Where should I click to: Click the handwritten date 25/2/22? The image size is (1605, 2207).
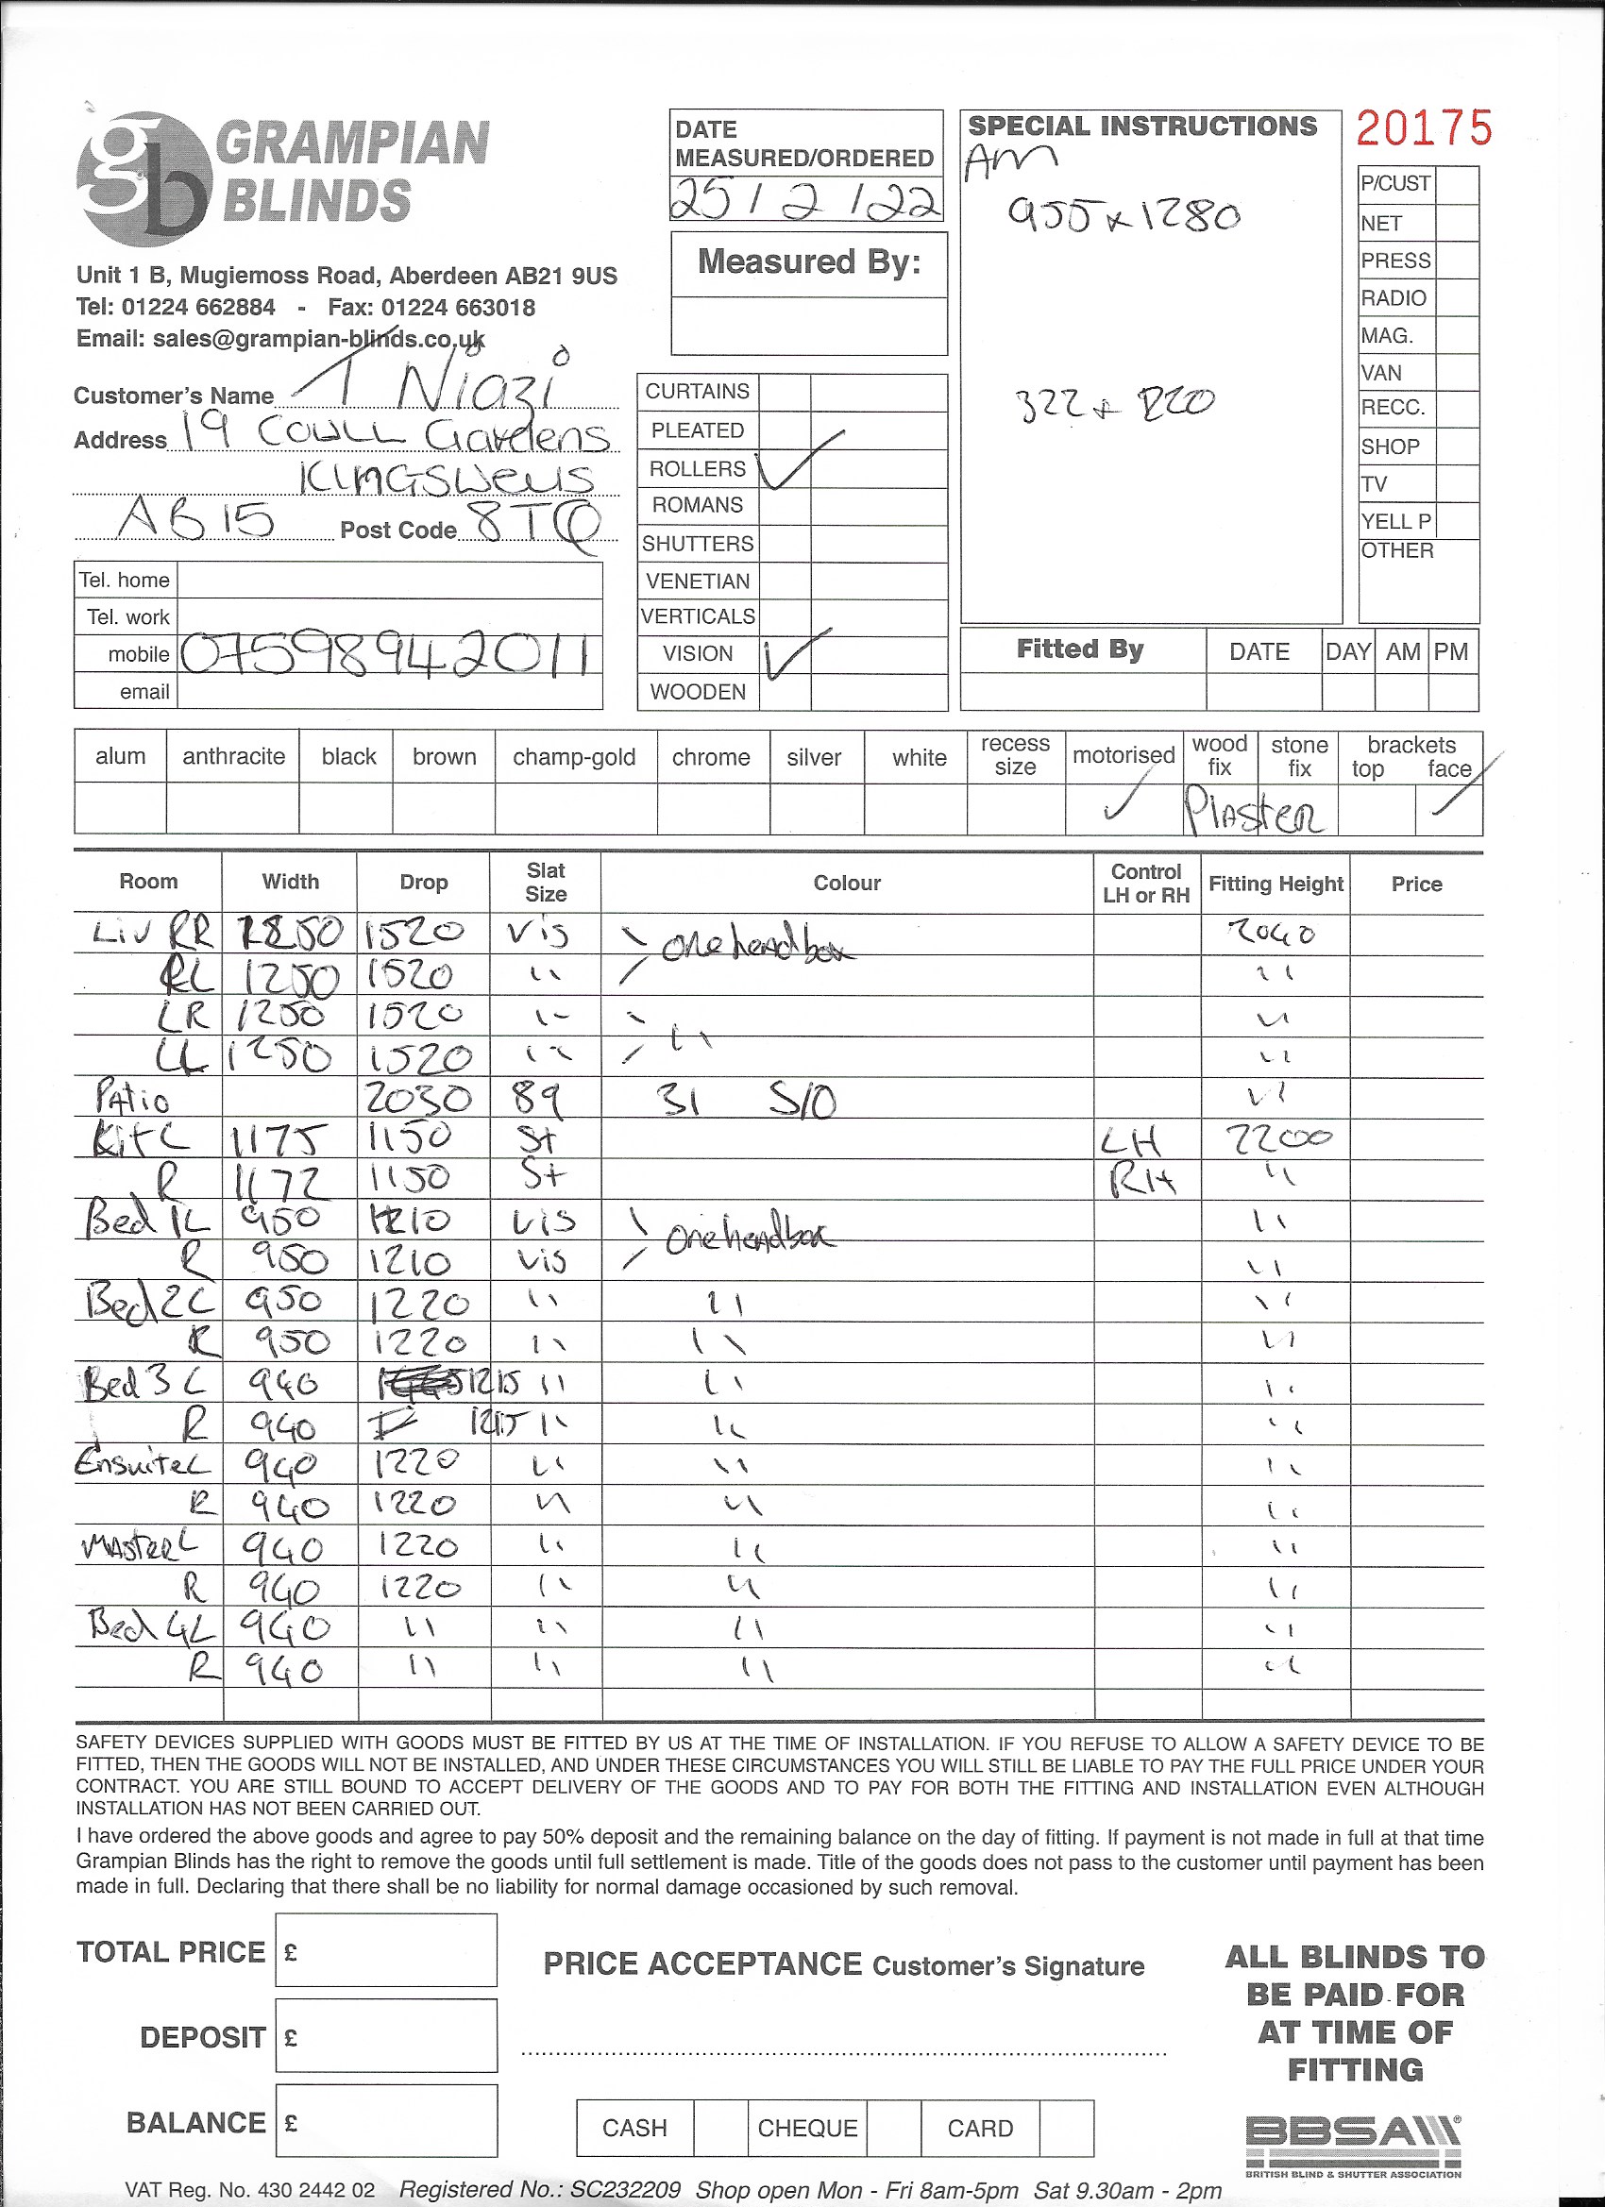tap(805, 199)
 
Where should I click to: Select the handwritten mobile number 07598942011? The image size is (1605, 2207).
tap(386, 655)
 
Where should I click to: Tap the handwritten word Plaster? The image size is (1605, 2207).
tap(1254, 811)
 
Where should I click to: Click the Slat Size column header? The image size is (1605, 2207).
tap(545, 882)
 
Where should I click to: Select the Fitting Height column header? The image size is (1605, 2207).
tap(1276, 884)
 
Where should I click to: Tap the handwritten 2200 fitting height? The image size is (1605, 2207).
tap(1277, 1137)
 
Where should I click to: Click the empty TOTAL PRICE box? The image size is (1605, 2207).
tap(386, 1951)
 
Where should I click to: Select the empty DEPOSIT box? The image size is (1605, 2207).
tap(386, 2037)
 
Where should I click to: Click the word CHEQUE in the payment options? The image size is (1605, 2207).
tap(807, 2128)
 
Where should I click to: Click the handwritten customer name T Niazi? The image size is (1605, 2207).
tap(438, 385)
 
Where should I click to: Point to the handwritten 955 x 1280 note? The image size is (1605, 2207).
tap(1123, 214)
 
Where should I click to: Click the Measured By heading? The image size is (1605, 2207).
tap(809, 262)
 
